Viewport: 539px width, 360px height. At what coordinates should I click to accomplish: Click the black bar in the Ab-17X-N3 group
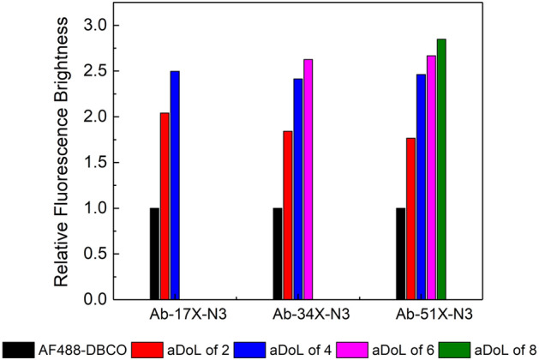click(154, 254)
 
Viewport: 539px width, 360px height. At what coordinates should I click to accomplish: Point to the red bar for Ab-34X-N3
click(287, 215)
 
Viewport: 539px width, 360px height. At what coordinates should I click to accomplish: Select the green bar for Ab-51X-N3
click(441, 169)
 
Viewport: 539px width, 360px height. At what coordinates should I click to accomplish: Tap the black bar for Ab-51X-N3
click(400, 254)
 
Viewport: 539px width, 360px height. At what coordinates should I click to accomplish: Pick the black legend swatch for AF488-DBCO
click(18, 349)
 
